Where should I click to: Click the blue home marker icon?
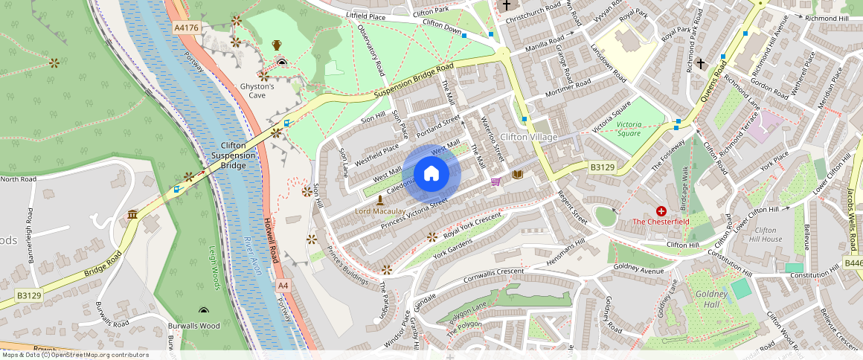click(431, 175)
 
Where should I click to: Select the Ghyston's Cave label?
click(257, 91)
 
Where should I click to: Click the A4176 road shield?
click(186, 28)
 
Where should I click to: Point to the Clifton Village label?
click(528, 137)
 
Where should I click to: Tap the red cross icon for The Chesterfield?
click(661, 211)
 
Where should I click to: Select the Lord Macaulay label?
click(380, 212)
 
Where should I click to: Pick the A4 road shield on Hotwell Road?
click(283, 286)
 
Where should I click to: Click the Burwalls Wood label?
click(193, 326)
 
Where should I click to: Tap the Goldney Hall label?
click(706, 299)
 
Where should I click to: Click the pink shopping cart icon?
click(495, 181)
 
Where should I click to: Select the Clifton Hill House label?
click(766, 235)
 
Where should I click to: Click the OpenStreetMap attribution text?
click(74, 355)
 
